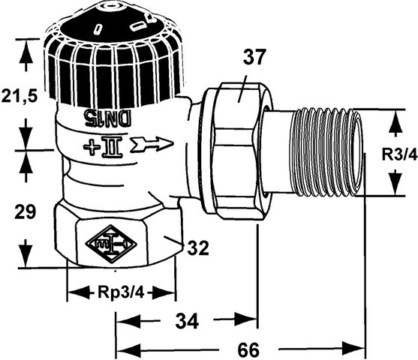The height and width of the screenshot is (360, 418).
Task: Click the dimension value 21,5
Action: tap(20, 96)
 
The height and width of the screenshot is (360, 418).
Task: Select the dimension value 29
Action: tap(25, 211)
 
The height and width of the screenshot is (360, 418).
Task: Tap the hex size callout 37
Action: tap(254, 56)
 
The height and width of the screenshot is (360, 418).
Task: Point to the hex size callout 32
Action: tap(198, 247)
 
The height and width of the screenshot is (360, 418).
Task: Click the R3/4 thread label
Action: tap(399, 154)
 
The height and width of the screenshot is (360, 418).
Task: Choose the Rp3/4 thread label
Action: tap(121, 292)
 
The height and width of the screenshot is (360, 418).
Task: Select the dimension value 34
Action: tap(187, 321)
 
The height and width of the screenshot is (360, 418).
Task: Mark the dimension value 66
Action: tap(248, 349)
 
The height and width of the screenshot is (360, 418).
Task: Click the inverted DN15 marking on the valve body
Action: tap(108, 117)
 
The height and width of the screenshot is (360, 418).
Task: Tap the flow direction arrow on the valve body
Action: tap(152, 145)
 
